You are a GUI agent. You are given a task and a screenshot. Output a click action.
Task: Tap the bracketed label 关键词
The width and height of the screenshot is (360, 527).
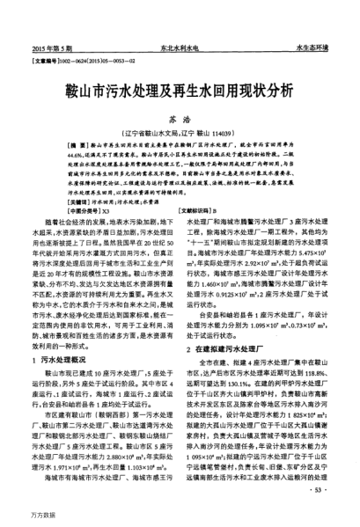(57, 201)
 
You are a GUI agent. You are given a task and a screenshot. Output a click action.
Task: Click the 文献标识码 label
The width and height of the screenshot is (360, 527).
(205, 211)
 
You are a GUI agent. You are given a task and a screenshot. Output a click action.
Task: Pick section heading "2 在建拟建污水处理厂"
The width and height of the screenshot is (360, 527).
(229, 323)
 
